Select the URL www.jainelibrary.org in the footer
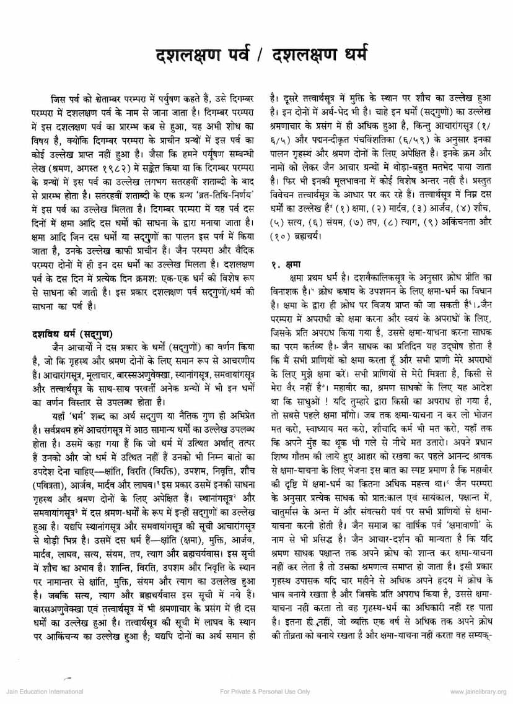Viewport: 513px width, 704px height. pyautogui.click(x=478, y=692)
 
